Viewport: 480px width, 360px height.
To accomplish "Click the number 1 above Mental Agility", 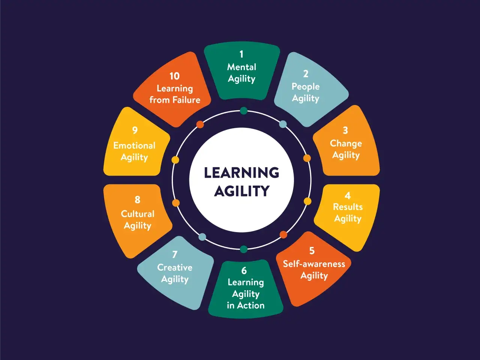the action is coord(241,54).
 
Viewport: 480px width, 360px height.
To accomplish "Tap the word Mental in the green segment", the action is coord(241,67).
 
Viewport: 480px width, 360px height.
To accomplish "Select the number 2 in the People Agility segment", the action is coord(306,74).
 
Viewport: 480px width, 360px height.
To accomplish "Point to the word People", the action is coord(306,87).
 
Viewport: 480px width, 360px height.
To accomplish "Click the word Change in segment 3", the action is coord(346,144).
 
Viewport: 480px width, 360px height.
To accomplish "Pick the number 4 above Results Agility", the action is coord(348,196).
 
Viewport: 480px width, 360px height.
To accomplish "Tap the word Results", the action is coord(348,207).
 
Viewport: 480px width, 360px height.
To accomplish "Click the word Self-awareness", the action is coord(314,264).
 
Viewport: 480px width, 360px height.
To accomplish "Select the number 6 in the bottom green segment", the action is coord(244,271).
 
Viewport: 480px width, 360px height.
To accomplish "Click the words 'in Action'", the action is coord(246,305).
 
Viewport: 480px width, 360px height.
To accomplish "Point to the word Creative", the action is coord(175,267).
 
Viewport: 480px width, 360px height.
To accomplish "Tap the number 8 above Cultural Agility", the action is coord(137,199).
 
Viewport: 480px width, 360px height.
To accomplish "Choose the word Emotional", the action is coord(134,145).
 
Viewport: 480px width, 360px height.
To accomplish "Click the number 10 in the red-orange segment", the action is coord(174,76).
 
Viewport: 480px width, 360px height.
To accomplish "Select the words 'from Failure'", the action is coord(175,100).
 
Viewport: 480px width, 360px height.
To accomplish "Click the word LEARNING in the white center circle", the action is coord(241,172).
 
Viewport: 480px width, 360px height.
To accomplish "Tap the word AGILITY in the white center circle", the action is coord(241,191).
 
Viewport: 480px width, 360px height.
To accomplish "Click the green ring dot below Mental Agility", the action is coord(244,111).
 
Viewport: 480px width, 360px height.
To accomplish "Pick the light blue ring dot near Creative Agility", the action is coord(202,237).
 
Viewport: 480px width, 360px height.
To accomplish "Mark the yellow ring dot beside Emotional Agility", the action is coord(175,160).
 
